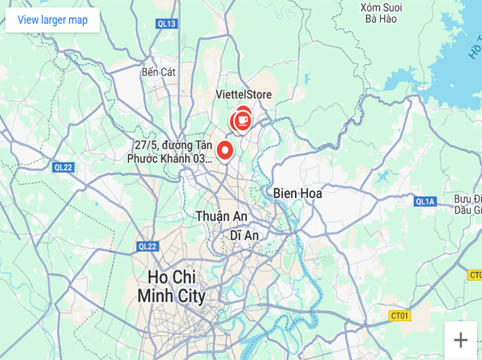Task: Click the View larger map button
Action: (52, 20)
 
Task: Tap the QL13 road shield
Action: (167, 24)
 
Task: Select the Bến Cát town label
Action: (159, 72)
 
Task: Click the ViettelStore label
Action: (243, 95)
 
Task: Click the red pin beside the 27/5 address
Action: (225, 151)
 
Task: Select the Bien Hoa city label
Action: (297, 194)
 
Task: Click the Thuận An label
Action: (221, 216)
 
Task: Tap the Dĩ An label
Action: (244, 235)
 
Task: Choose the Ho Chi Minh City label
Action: (171, 286)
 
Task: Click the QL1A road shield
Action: (426, 201)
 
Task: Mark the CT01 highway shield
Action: (400, 316)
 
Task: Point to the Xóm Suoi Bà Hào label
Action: (382, 13)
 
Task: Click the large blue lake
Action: (456, 66)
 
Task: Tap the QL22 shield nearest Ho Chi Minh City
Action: (147, 246)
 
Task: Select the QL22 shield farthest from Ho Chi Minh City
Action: (63, 167)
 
